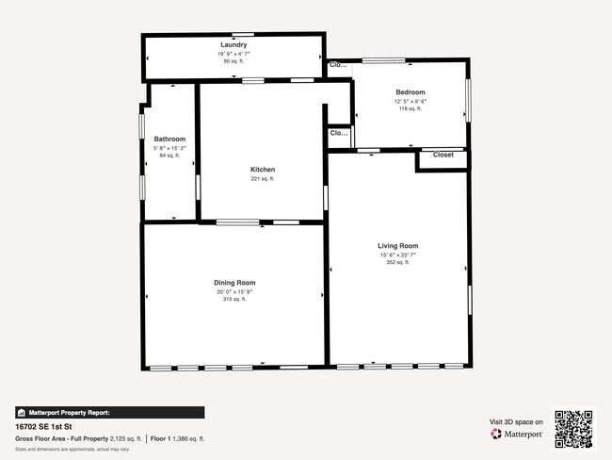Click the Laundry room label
click(234, 45)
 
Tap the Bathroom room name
click(169, 139)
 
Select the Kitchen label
click(262, 170)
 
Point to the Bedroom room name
click(411, 91)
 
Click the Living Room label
click(397, 245)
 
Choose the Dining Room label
click(234, 283)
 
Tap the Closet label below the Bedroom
click(443, 155)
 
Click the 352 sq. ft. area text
click(397, 263)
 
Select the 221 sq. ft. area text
click(262, 179)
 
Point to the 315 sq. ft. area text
click(234, 300)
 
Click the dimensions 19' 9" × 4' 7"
click(234, 54)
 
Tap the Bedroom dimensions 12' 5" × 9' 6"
click(411, 101)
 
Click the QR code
click(573, 429)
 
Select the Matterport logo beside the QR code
click(517, 435)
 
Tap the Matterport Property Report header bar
click(109, 412)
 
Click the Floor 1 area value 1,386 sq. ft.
click(188, 438)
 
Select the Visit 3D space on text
click(516, 421)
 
